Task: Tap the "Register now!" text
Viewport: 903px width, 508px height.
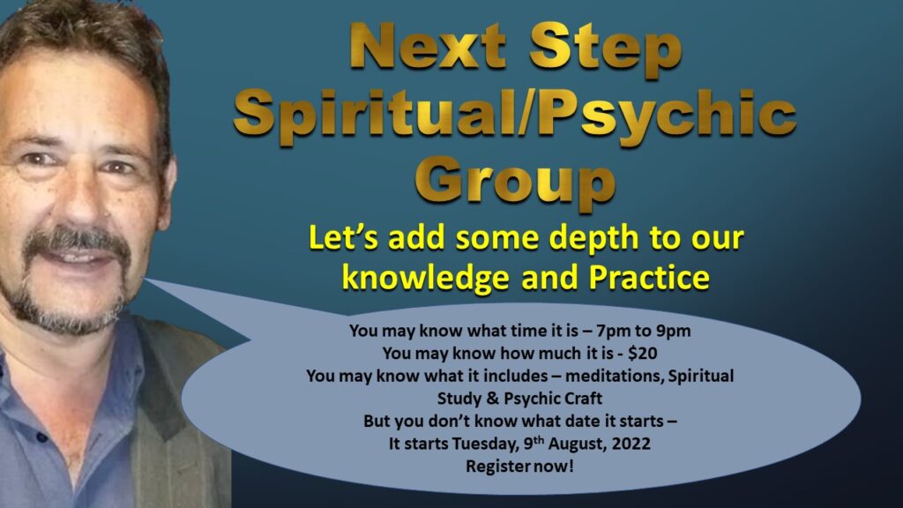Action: (519, 466)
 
